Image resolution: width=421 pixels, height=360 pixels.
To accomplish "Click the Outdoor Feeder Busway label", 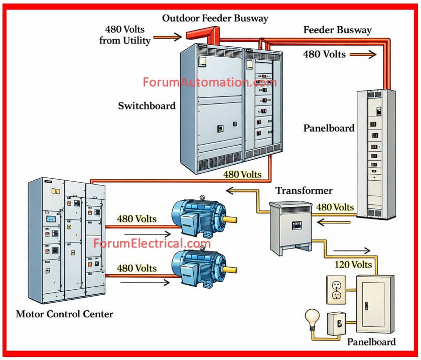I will pos(215,19).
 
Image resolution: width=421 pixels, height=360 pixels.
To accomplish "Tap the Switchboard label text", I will pos(147,106).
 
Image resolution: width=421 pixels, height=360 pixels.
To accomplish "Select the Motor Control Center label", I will pos(64,315).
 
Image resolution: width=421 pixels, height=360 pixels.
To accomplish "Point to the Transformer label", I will pos(304,191).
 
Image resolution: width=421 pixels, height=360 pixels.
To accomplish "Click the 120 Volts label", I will pos(354,264).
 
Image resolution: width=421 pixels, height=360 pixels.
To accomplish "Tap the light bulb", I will pos(311,318).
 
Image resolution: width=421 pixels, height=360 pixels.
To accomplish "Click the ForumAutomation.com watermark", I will pos(209,82).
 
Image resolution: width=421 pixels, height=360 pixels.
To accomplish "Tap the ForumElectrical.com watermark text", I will pos(152,244).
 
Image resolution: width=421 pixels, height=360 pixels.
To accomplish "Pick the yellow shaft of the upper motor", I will pos(230,219).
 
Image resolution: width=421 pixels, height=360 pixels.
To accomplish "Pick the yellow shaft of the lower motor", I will pos(230,269).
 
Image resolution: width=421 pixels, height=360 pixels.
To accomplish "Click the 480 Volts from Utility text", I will pos(125,35).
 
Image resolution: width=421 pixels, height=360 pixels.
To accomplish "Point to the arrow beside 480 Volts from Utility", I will pos(169,36).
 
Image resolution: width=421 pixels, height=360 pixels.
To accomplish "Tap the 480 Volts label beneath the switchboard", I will pos(242,174).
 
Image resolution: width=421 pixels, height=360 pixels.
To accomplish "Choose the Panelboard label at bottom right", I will pos(371,342).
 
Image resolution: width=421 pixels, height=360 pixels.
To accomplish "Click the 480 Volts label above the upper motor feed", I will pos(136,219).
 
